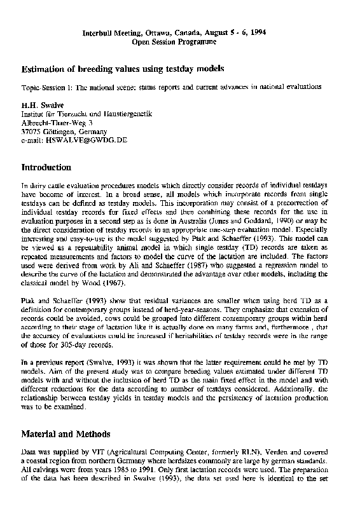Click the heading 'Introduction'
[x=46, y=168]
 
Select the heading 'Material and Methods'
[x=66, y=434]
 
